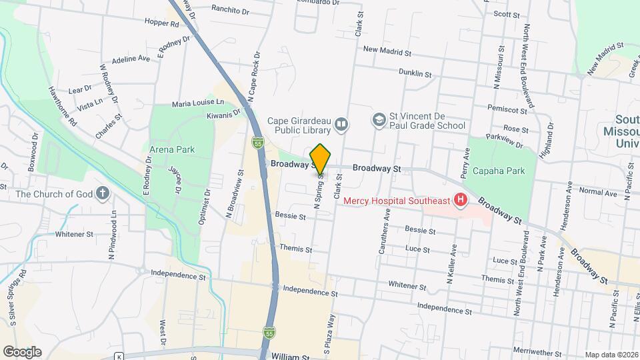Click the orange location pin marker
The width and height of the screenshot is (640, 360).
pos(321,159)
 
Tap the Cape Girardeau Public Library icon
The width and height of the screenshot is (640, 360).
pos(341,123)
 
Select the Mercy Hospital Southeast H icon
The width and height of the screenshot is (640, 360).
pos(459,199)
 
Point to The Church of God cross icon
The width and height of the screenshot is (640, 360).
pos(102,194)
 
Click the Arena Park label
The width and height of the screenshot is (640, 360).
pos(172,149)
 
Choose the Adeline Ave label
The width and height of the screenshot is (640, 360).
pos(131,59)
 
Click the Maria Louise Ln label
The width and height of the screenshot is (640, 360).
pos(198,104)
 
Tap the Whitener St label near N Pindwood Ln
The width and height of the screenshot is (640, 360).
pos(75,235)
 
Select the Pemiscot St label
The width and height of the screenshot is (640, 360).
pos(508,107)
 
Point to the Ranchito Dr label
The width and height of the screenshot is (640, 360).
pos(230,9)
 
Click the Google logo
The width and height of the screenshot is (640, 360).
pos(22,352)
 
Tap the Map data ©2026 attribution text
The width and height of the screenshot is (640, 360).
pos(611,355)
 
